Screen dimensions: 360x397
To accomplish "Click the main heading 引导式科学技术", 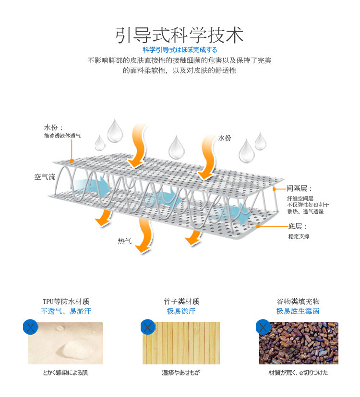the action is [180, 35].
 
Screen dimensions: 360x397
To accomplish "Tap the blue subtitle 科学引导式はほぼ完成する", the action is [180, 50].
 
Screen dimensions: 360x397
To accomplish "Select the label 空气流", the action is [45, 177].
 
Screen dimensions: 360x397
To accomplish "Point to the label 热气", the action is [124, 241].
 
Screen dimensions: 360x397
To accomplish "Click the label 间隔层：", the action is [300, 188].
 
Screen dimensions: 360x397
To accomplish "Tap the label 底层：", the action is [297, 226].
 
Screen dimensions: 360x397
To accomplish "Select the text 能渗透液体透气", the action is [62, 136].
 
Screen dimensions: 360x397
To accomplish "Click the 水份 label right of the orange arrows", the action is [225, 138].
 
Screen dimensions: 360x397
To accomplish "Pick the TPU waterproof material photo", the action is [66, 343].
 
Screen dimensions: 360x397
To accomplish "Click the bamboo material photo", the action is [181, 343].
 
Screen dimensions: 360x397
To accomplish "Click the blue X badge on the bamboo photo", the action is [148, 328].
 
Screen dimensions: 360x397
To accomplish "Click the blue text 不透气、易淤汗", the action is [66, 311].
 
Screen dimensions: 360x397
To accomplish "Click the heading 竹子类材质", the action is [181, 302].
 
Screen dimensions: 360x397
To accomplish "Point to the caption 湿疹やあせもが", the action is [180, 373].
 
